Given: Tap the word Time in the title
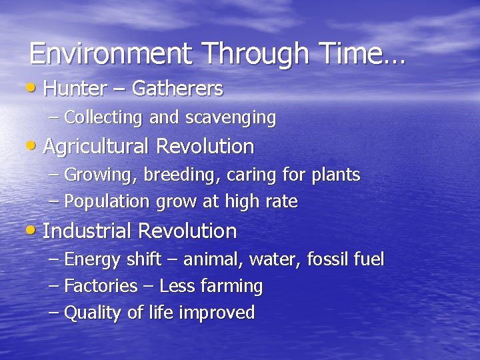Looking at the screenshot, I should (x=350, y=54).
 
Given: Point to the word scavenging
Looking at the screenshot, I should (x=230, y=118).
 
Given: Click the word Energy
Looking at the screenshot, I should (x=90, y=260).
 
